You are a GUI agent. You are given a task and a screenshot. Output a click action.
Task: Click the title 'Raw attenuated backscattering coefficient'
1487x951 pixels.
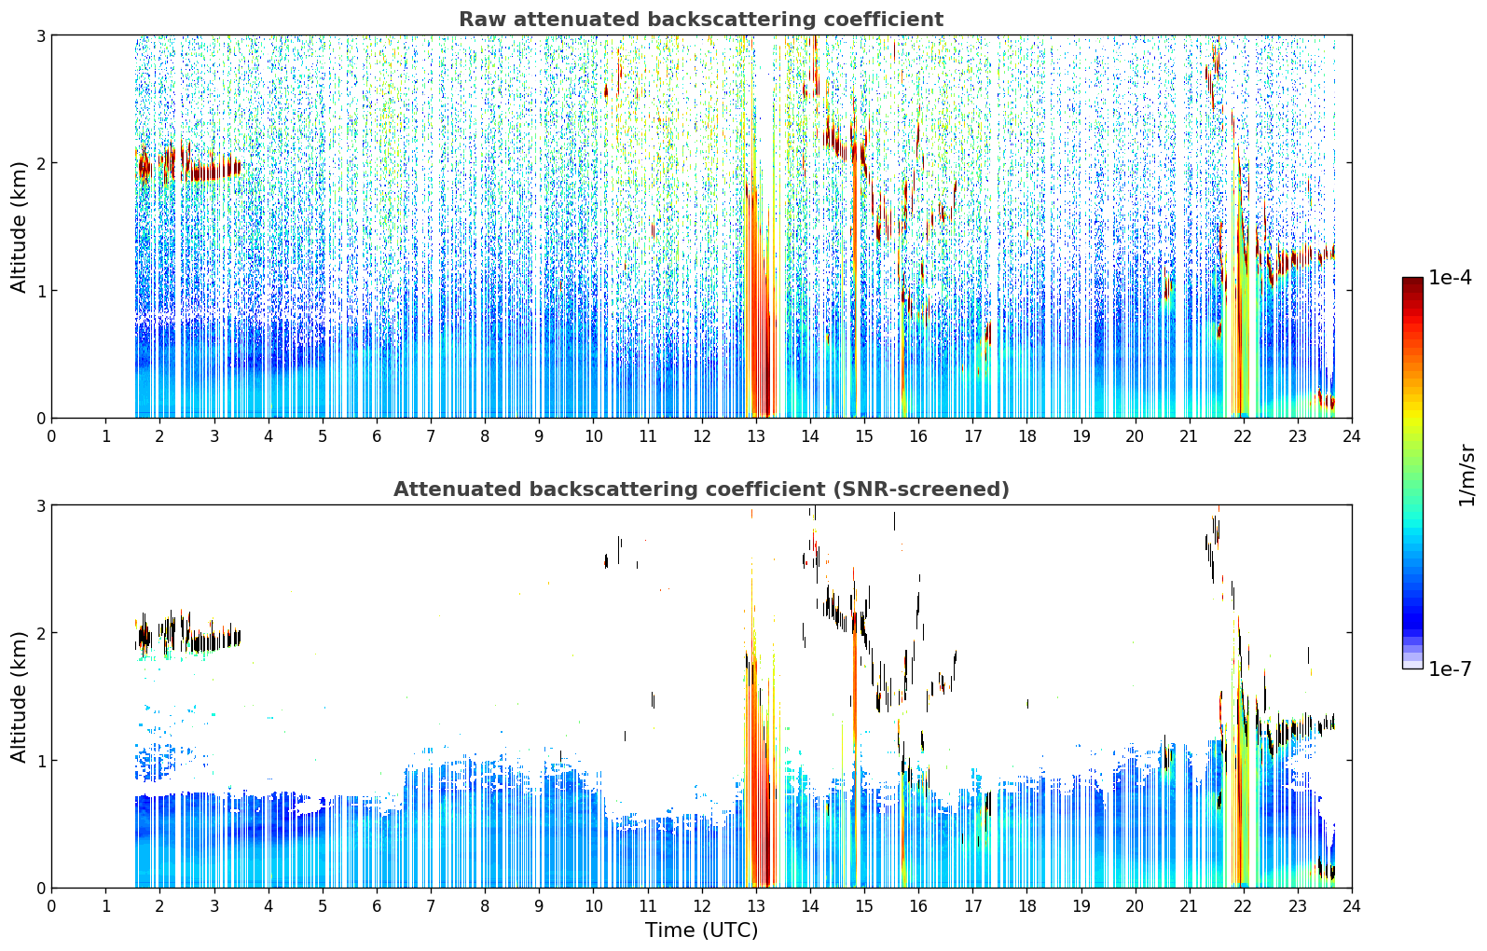point(701,20)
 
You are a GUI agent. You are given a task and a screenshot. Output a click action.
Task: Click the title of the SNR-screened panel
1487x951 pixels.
point(701,489)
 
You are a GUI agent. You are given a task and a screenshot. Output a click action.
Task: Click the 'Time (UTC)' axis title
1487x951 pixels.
point(701,930)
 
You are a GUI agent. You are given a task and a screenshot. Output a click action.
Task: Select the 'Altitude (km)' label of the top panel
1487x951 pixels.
point(19,227)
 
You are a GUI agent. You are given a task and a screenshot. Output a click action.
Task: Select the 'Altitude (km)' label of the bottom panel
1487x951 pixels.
point(19,696)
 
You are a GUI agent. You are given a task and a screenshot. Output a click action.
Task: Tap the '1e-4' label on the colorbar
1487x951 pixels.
point(1450,277)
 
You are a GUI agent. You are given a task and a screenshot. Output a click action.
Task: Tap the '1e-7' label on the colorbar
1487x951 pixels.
point(1450,668)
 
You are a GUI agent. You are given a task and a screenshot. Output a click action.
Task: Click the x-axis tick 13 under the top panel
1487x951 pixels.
point(755,436)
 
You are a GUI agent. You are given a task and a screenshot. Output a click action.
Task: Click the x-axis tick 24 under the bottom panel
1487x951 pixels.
point(1352,906)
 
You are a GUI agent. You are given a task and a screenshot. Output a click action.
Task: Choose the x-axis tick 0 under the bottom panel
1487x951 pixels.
point(52,906)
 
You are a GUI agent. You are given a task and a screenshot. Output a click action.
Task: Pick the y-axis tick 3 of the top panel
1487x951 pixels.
point(40,35)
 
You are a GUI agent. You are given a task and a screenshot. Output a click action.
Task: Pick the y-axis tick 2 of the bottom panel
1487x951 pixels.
point(40,633)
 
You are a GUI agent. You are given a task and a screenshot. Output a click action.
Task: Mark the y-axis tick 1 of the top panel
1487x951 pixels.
point(40,291)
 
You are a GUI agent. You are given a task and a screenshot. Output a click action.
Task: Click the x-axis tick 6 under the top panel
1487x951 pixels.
point(377,436)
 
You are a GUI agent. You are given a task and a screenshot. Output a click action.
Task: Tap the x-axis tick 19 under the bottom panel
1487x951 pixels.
point(1081,906)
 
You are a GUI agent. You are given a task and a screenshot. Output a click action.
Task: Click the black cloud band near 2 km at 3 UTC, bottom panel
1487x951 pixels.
point(213,641)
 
